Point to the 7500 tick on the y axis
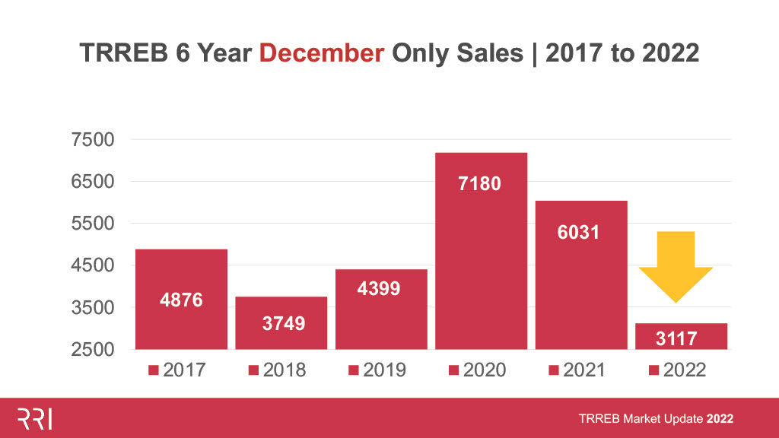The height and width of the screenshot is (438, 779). click(x=92, y=140)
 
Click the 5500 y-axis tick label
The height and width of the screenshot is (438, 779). click(x=92, y=224)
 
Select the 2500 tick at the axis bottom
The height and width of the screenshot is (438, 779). click(x=92, y=350)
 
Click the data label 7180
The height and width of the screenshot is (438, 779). click(x=480, y=183)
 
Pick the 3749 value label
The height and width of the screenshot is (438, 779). click(x=281, y=323)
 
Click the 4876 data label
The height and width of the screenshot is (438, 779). click(x=181, y=300)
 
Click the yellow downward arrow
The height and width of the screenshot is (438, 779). click(x=676, y=266)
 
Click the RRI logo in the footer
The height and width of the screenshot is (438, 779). click(x=35, y=418)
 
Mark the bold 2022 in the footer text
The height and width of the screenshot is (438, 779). click(x=720, y=419)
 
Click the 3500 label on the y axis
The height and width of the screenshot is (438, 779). click(x=92, y=308)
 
